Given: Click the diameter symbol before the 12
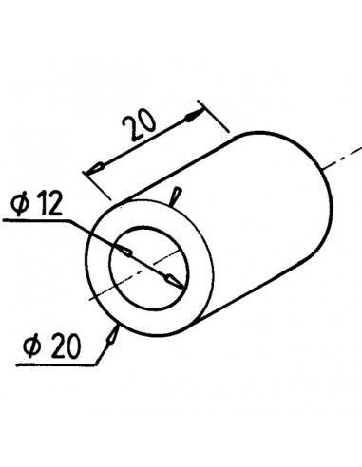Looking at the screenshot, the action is coord(20,203).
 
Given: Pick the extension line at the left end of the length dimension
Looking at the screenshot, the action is coord(100,182).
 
